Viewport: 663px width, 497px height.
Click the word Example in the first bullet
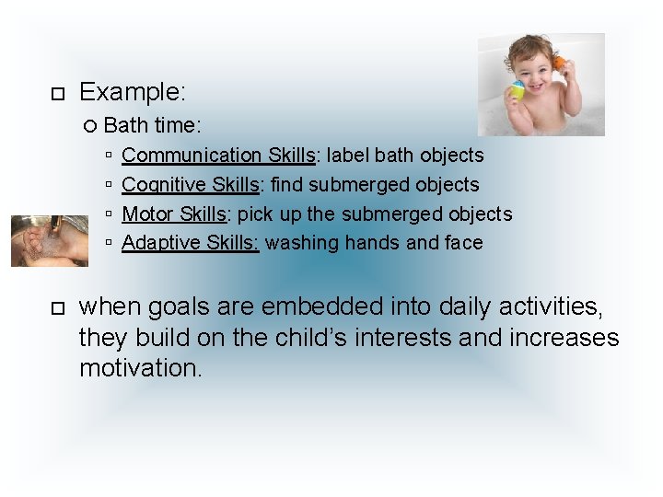tap(132, 92)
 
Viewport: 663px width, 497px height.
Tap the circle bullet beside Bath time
tap(90, 124)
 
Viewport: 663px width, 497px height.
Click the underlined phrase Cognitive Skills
tap(190, 184)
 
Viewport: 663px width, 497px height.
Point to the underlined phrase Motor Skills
tap(174, 214)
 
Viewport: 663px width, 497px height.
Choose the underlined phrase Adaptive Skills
tap(191, 243)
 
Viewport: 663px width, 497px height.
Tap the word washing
tap(299, 243)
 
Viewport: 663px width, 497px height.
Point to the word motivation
tap(139, 369)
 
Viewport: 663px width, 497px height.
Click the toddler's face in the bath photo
tap(533, 67)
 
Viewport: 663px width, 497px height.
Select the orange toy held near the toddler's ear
tap(558, 64)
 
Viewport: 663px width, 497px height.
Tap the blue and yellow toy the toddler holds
tap(517, 90)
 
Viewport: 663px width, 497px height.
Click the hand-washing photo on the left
tap(49, 240)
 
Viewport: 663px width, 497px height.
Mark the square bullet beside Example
tap(56, 94)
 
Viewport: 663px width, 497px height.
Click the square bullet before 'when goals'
tap(56, 307)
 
